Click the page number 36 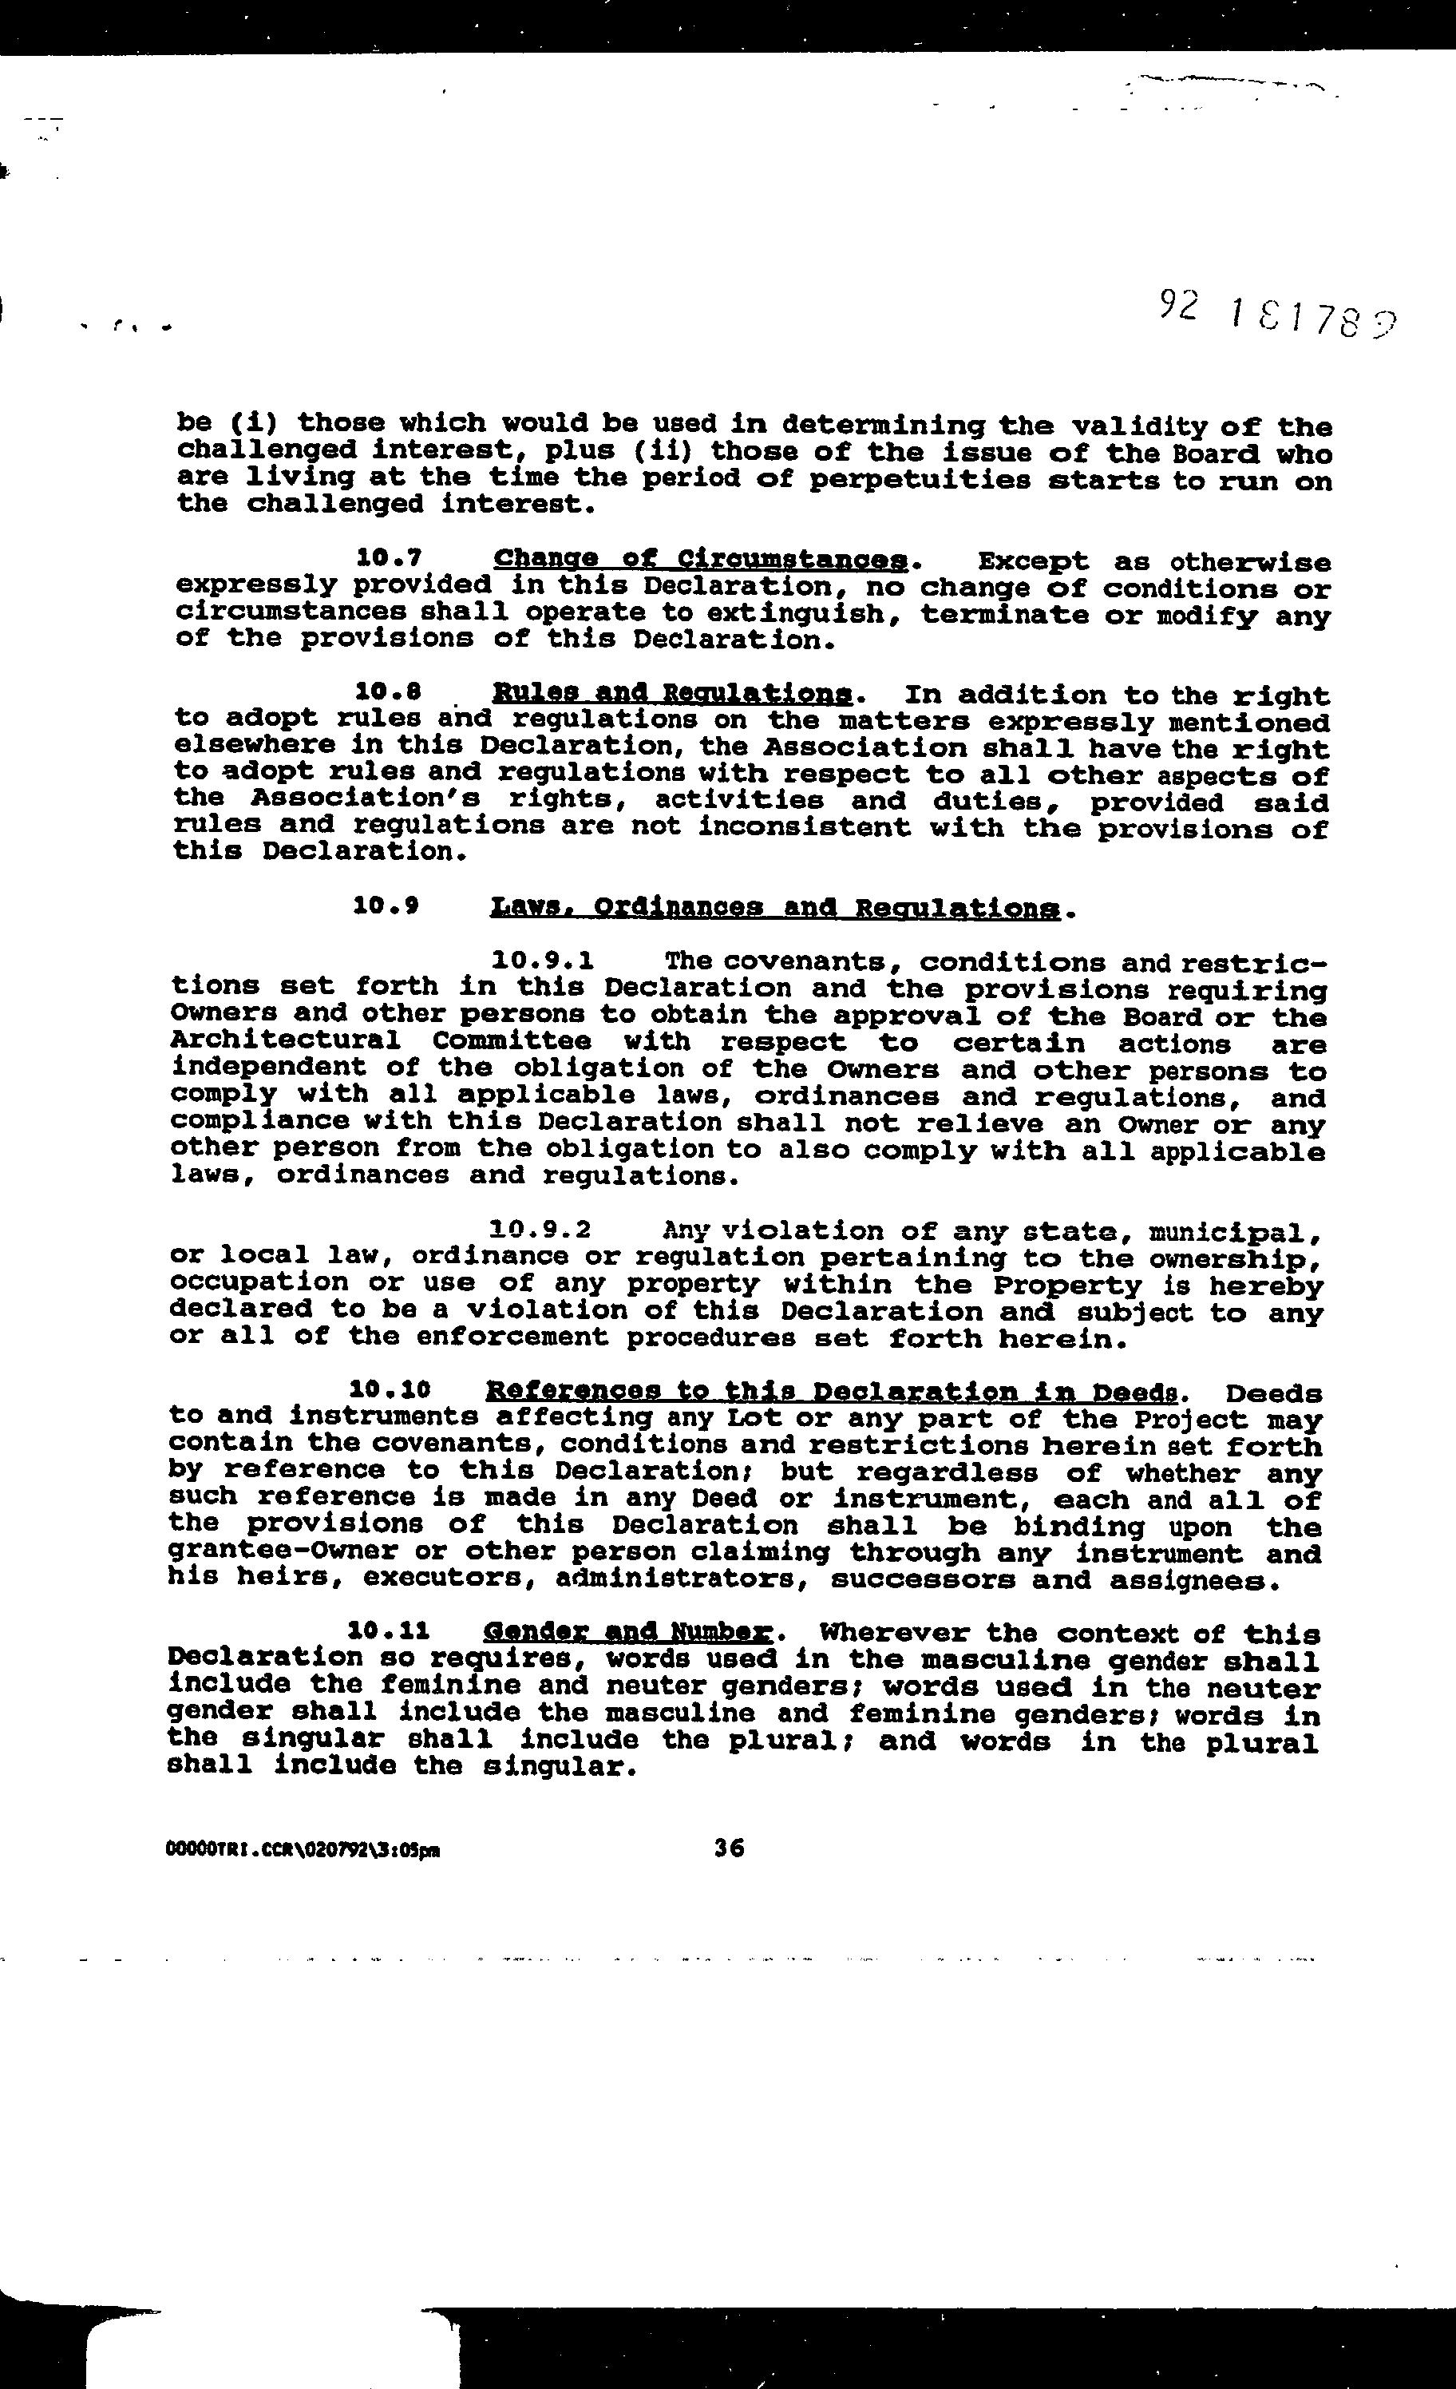728,1848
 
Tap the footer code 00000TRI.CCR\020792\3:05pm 303,1850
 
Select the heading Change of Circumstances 701,560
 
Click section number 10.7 389,557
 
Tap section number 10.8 388,692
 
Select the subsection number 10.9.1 542,961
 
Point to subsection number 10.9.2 540,1230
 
